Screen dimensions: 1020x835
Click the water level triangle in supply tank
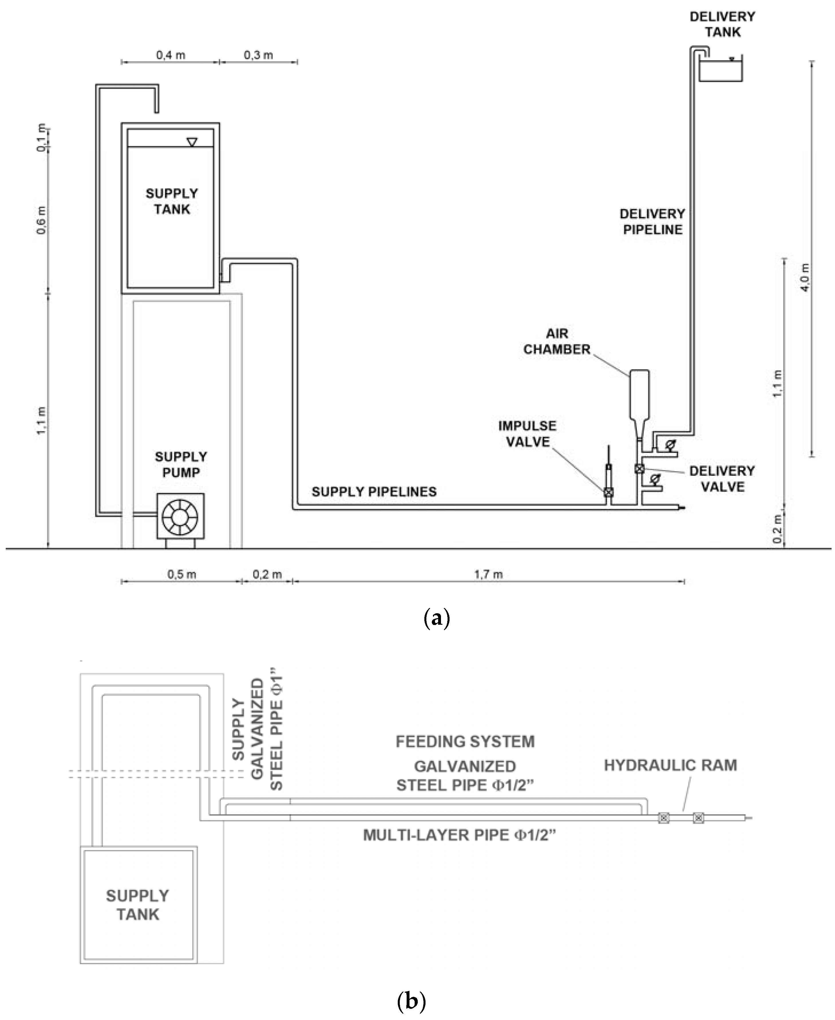pos(192,142)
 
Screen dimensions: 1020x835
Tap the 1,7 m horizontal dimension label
pos(488,574)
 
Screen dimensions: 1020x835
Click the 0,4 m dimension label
pos(170,55)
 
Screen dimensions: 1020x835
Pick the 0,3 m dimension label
pos(258,55)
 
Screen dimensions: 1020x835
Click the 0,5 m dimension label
pos(181,574)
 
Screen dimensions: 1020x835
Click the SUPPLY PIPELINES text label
pos(374,492)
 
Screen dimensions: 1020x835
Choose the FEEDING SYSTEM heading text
pos(465,742)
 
